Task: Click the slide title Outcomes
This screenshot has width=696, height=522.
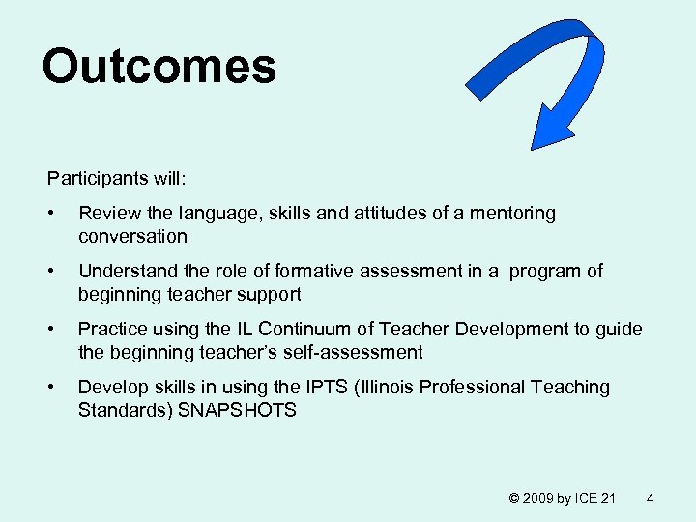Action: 159,67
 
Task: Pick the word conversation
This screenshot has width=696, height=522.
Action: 132,236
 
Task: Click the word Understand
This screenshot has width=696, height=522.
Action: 122,271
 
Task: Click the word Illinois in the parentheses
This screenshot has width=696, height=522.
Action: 392,387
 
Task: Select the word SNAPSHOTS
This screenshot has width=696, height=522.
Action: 237,410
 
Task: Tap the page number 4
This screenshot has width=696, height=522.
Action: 650,498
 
